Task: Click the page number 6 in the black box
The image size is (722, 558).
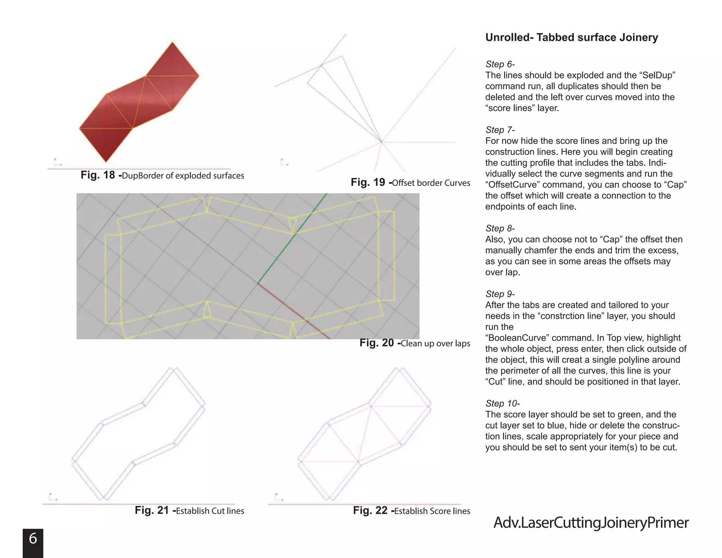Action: point(33,539)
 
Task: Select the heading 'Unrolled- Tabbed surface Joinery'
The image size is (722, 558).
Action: point(571,37)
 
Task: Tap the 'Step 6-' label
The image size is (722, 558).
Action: point(500,64)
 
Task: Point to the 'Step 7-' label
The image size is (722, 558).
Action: point(500,130)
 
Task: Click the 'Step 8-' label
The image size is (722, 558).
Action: point(500,228)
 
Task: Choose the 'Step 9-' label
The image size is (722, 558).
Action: point(500,294)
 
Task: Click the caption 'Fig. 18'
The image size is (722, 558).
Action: point(98,175)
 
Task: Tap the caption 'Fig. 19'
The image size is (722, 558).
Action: point(368,182)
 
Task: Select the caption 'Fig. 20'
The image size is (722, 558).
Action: point(377,343)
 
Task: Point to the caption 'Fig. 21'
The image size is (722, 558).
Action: point(152,510)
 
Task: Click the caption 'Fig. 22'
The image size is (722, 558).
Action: point(370,510)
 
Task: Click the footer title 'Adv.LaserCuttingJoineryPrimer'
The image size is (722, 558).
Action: point(591,523)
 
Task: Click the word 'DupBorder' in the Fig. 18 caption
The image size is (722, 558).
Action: point(139,176)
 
